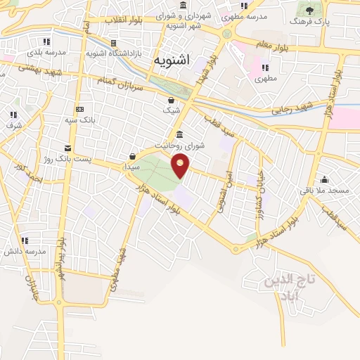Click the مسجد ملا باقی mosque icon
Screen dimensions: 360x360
(x=324, y=179)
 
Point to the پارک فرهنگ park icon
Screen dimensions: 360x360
(x=308, y=10)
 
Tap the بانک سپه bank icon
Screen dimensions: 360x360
(x=79, y=109)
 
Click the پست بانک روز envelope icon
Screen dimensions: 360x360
(x=67, y=148)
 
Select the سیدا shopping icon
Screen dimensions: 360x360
(x=132, y=156)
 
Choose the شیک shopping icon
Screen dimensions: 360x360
(x=172, y=100)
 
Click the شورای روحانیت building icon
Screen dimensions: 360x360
(x=180, y=134)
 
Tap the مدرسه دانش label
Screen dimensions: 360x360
(x=26, y=251)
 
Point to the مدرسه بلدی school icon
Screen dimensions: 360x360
(x=46, y=41)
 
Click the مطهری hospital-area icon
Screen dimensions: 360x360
(x=266, y=67)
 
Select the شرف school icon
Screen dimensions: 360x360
(x=13, y=114)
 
